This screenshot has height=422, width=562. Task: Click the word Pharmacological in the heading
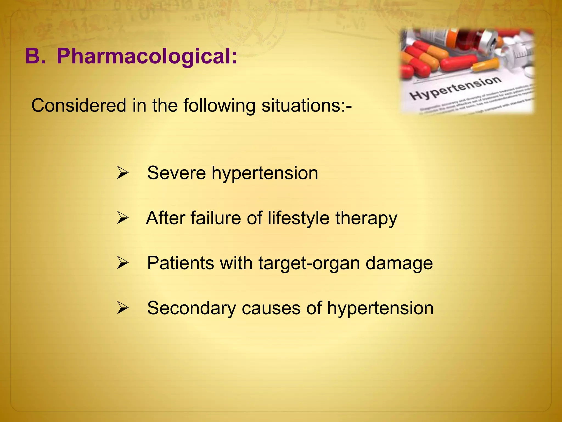[147, 56]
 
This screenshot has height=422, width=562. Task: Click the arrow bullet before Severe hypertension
[122, 173]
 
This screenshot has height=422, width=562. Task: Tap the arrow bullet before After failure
[122, 218]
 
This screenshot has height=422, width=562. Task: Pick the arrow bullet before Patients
[122, 263]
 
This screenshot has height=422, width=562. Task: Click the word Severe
[176, 173]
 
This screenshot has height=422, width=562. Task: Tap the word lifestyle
[298, 218]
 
